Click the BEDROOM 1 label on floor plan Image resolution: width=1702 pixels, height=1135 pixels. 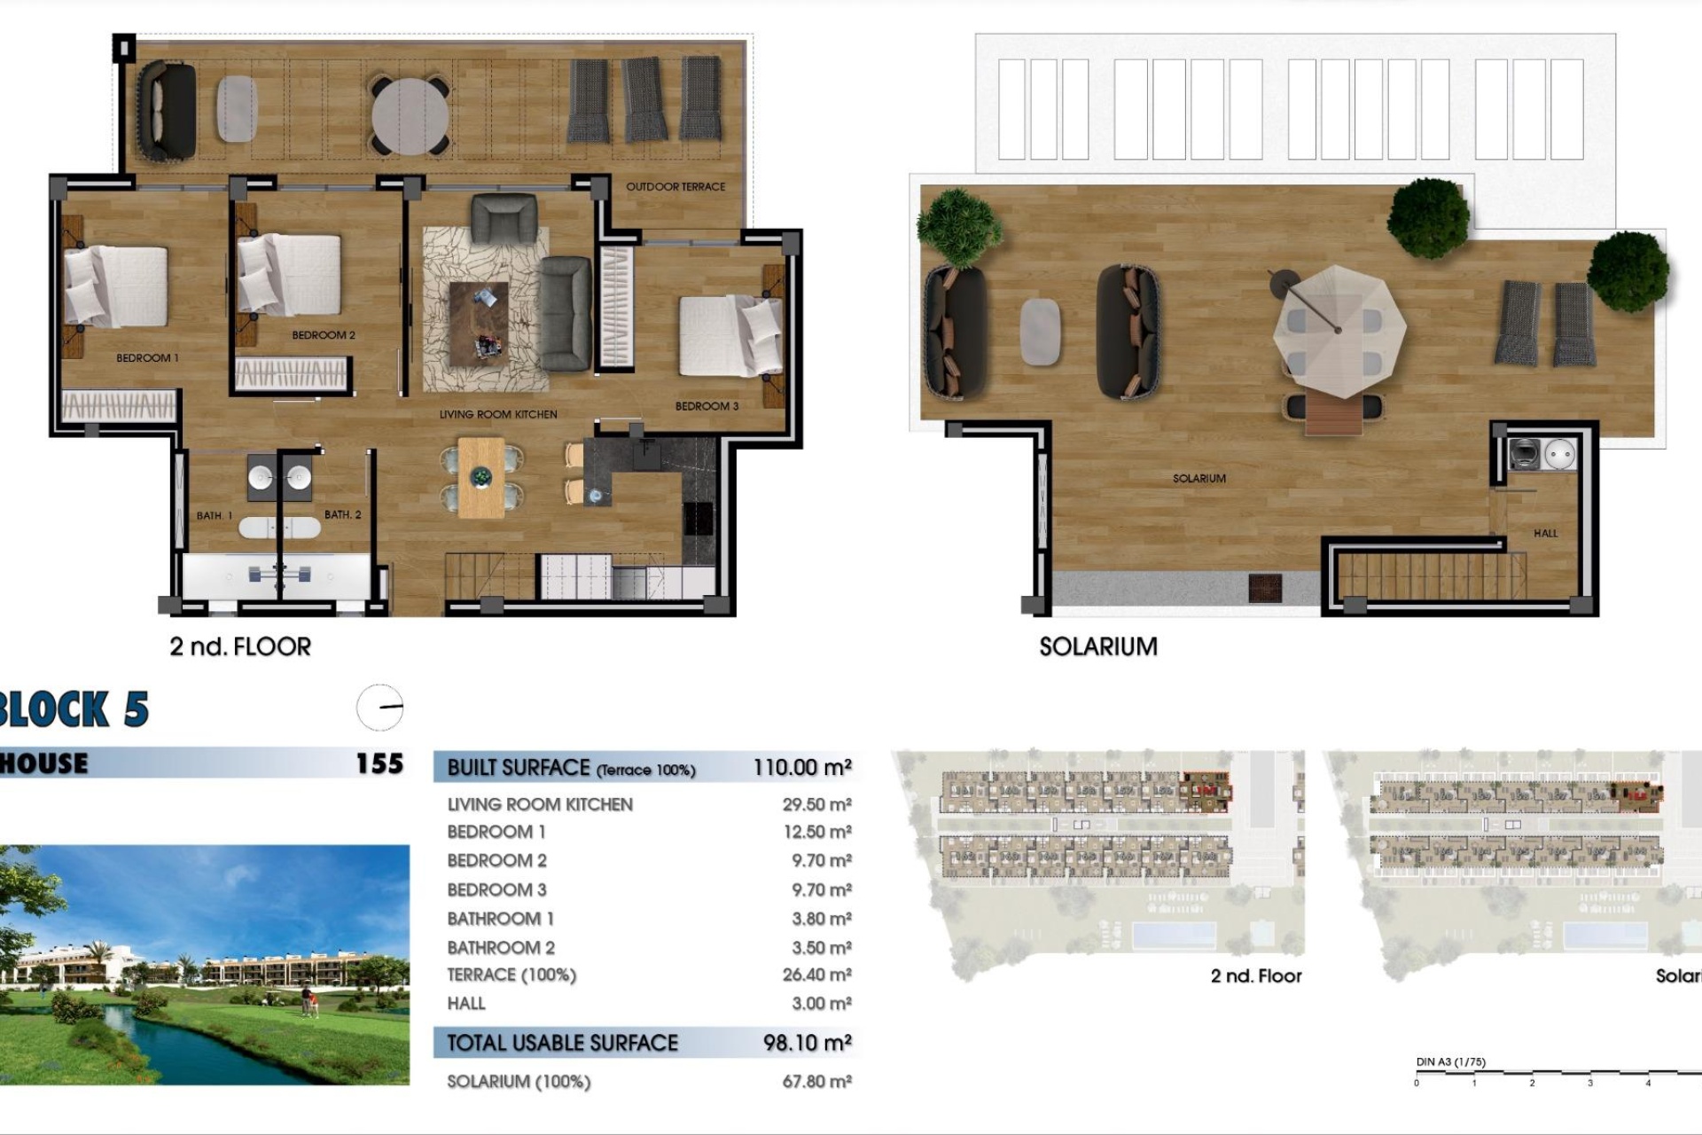point(147,358)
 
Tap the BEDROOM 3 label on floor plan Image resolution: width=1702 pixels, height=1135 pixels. point(707,406)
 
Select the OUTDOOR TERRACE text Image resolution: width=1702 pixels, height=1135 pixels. point(675,187)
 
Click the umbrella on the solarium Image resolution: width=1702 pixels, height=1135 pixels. point(1339,331)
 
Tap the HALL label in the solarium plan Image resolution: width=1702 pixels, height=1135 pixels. point(1545,534)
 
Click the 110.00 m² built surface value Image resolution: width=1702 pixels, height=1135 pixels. point(802,768)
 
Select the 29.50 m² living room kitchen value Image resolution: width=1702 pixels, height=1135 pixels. point(816,805)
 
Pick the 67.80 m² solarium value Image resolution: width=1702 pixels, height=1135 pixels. point(816,1082)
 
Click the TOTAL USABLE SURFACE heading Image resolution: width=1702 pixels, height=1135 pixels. point(562,1044)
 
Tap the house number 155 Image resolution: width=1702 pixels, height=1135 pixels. point(379,764)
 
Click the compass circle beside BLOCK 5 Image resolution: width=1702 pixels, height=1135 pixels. point(380,708)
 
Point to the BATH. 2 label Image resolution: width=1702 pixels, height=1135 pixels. point(342,515)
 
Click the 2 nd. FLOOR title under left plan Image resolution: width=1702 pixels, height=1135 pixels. point(240,647)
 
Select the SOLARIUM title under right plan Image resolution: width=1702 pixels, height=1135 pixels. point(1098,647)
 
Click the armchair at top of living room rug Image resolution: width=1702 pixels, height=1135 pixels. point(504,218)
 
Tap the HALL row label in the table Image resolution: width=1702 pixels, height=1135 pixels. point(466,1004)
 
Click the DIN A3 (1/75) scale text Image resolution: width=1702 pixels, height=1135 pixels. point(1450,1062)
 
